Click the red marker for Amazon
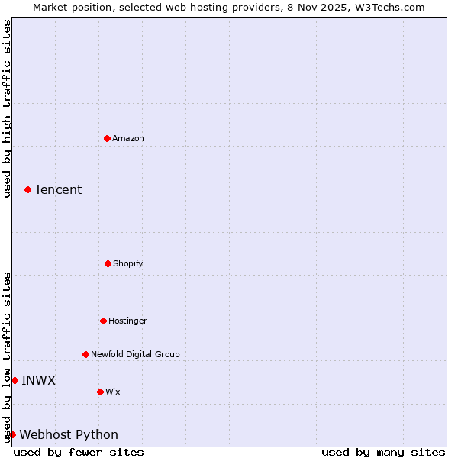107,138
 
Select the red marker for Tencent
27,189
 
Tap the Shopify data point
108,263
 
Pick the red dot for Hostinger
103,321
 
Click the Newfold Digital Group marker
85,354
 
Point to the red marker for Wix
100,392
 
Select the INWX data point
15,380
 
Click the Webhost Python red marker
12,434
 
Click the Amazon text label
128,138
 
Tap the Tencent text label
58,189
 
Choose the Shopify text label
128,263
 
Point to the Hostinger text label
127,321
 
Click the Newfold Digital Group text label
135,354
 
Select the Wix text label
113,392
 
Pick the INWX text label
38,380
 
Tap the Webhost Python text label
69,434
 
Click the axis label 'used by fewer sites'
79,452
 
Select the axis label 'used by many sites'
383,452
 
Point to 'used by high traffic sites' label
7,108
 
